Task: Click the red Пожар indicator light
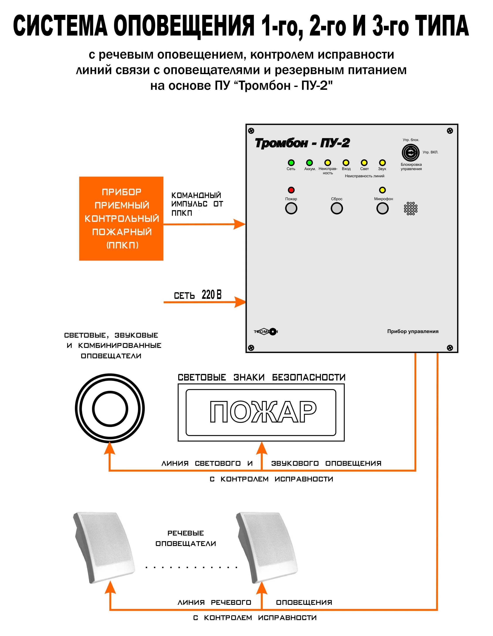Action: tap(291, 190)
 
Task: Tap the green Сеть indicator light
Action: tap(291, 163)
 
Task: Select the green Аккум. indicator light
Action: tap(309, 163)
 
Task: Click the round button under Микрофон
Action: tap(382, 208)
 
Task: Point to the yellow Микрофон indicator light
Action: tap(382, 190)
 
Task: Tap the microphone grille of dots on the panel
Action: tap(411, 209)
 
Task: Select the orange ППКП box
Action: tap(121, 218)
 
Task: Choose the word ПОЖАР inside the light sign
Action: tap(263, 412)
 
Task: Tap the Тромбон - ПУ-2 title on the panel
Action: tap(302, 143)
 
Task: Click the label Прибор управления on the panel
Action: tap(413, 331)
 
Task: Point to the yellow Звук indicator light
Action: tap(382, 163)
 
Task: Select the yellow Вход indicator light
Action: tap(346, 163)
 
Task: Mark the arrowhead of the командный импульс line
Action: tap(240, 224)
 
